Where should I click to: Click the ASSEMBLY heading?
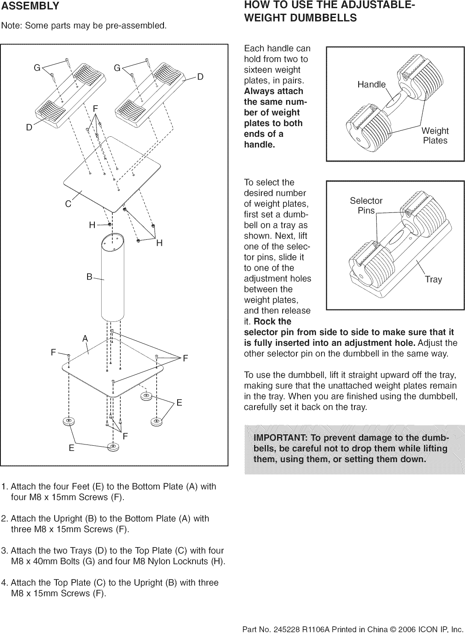(30, 6)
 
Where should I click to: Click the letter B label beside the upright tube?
(89, 277)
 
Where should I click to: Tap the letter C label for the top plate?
(68, 204)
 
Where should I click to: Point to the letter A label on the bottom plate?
(85, 339)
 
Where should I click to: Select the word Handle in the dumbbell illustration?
(371, 85)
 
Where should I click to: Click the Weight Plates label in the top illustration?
(435, 136)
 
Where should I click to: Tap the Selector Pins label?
(366, 206)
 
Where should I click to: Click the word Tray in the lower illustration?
(433, 280)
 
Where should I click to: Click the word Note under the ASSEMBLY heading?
(11, 26)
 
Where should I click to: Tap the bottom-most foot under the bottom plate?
(113, 447)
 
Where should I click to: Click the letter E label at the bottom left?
(71, 448)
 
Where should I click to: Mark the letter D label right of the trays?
(200, 77)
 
